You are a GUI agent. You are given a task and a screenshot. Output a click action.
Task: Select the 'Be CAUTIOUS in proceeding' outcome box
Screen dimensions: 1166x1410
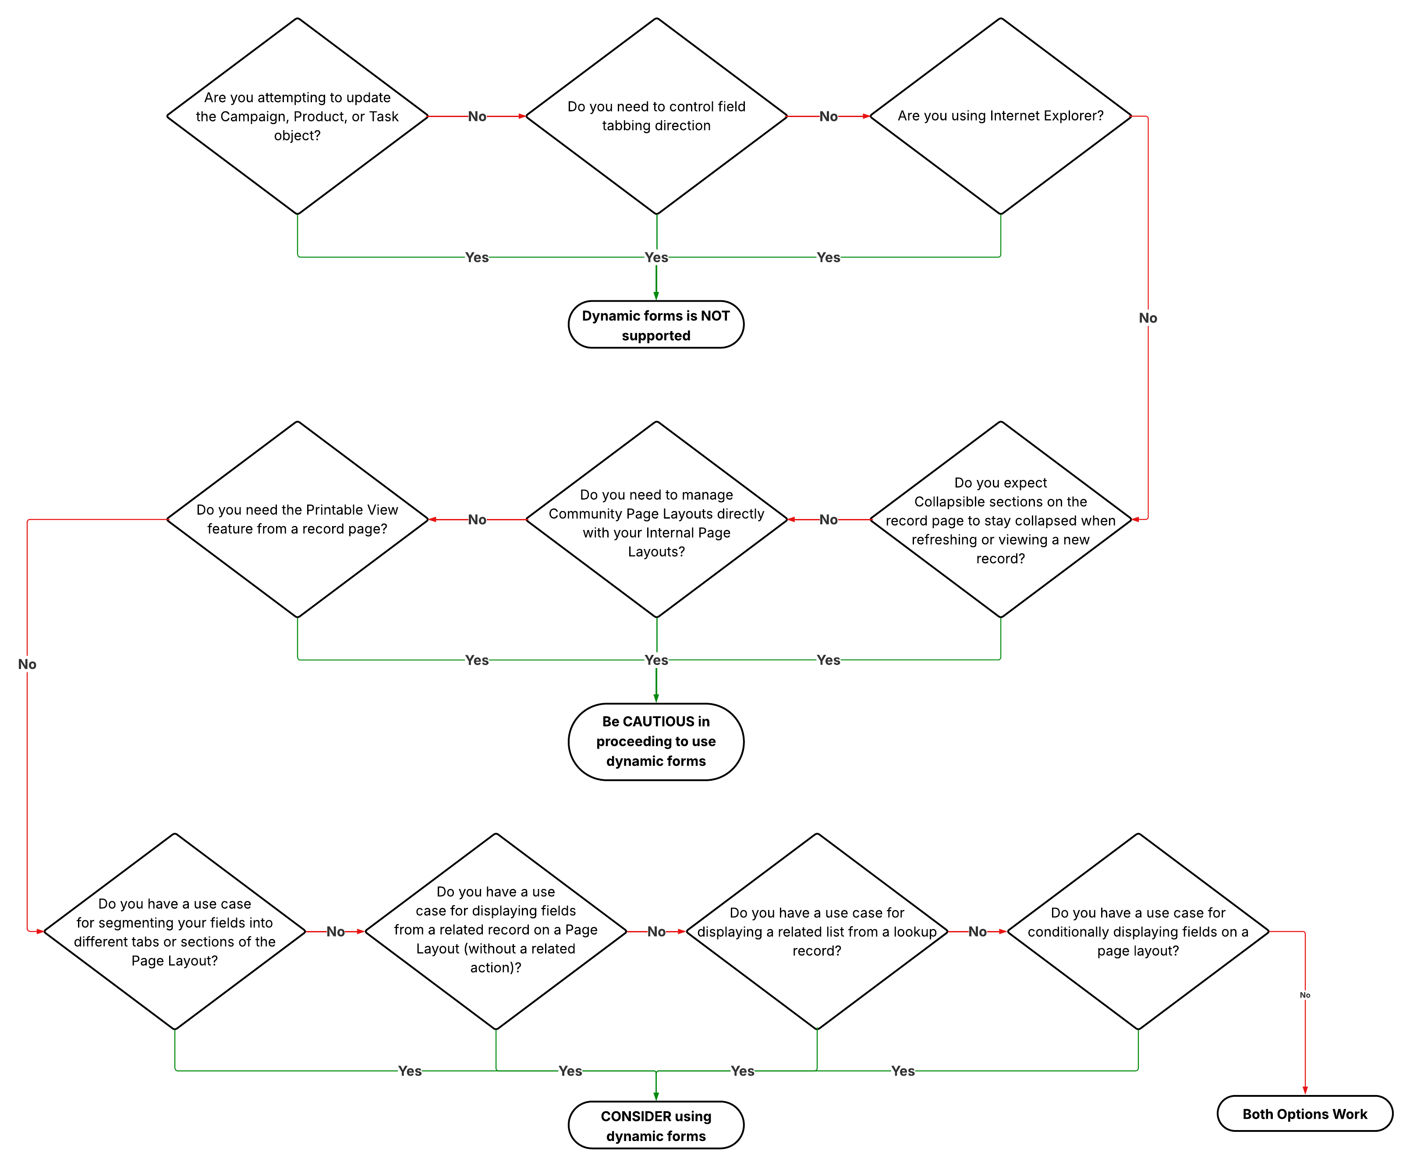coord(655,742)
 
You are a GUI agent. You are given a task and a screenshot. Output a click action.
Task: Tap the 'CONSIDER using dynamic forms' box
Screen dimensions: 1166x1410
coord(655,1125)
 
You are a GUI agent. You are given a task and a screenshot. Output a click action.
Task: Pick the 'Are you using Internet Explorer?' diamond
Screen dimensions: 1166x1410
coord(1000,116)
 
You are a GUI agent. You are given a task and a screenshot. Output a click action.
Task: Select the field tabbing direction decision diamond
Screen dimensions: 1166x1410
coord(656,116)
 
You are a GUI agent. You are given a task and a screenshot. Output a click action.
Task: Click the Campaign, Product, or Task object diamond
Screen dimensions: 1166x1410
coord(298,116)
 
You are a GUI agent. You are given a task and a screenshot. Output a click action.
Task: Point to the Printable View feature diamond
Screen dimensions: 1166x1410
coord(298,519)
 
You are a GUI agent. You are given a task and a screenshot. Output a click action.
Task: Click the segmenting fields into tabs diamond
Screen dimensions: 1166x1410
coord(174,931)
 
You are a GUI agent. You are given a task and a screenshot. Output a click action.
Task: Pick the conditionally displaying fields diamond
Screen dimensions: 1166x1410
coord(1137,931)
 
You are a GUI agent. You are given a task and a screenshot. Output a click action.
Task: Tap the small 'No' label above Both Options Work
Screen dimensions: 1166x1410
coord(1304,995)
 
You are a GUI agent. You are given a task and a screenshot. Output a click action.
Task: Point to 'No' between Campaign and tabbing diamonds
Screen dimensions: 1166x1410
coord(477,116)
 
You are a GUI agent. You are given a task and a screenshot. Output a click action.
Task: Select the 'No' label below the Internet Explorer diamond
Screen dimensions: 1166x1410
coord(1148,318)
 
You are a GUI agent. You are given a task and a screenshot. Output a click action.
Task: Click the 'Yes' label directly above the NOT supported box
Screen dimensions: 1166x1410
coord(656,257)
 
